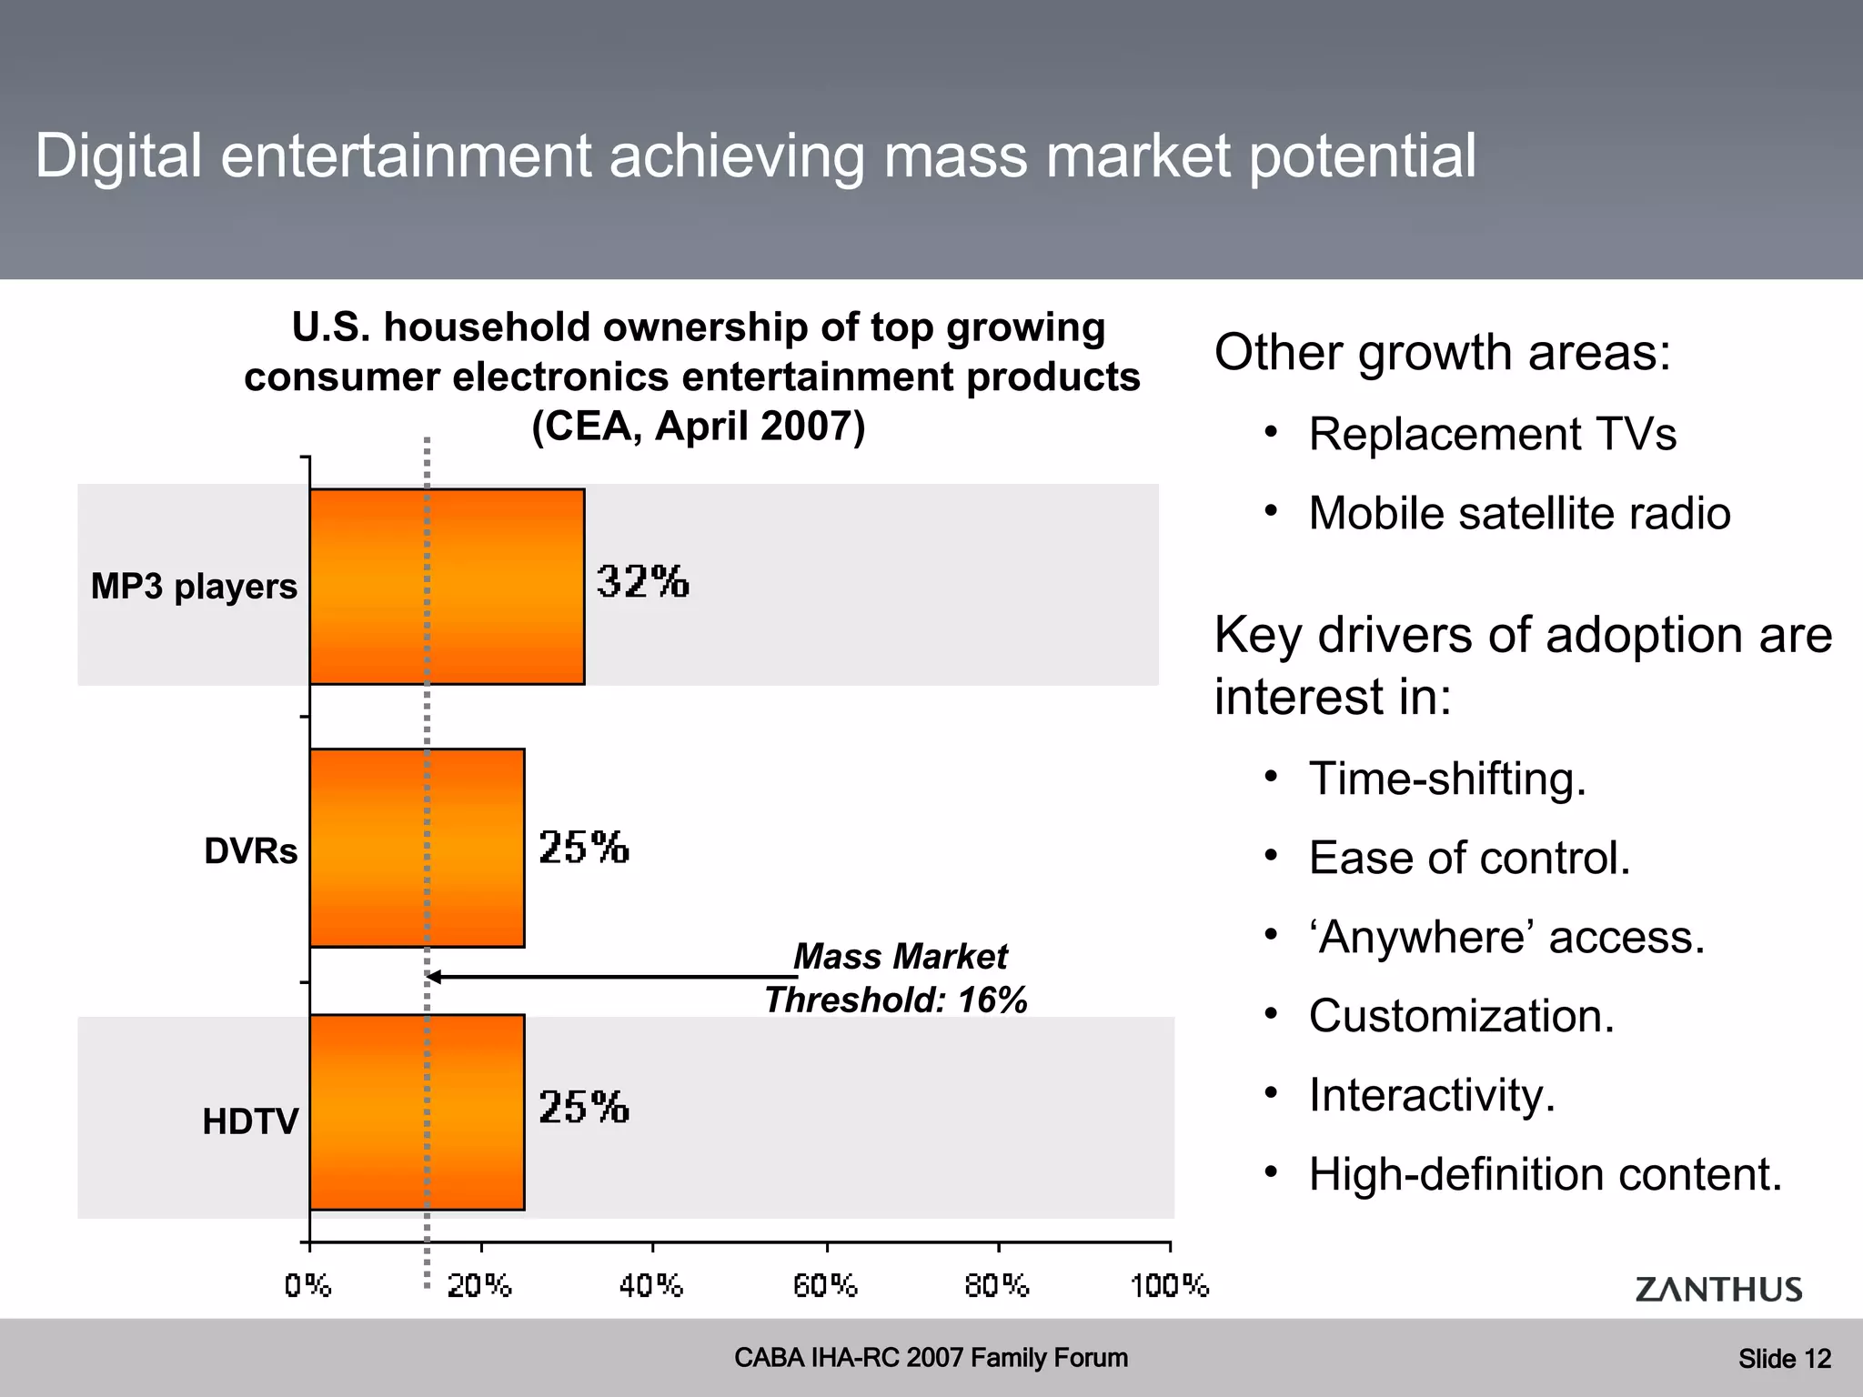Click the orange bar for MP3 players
447,587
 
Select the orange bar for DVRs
417,848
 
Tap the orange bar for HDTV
417,1111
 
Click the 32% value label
642,581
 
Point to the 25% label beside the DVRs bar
583,847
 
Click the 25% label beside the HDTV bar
583,1107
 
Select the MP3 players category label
194,587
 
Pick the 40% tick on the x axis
650,1285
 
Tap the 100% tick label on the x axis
1169,1285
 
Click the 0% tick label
307,1285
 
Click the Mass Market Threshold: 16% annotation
897,979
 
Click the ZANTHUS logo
1717,1289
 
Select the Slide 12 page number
1784,1359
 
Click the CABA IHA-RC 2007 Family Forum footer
931,1358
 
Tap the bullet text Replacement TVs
1492,434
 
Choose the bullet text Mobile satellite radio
1519,513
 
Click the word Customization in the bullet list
1461,1016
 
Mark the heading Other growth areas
1443,353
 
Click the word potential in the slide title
1362,156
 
